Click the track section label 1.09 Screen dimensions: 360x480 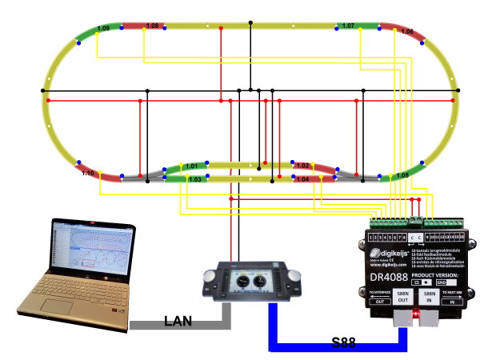(x=102, y=29)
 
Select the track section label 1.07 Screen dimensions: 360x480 (x=347, y=26)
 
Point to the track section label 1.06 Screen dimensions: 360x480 (x=406, y=31)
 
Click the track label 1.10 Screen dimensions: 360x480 (x=88, y=173)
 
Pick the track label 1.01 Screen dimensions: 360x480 (x=191, y=166)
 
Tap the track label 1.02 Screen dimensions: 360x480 (x=302, y=166)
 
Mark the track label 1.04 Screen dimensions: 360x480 (x=302, y=180)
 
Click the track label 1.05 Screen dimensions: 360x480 (x=402, y=174)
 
